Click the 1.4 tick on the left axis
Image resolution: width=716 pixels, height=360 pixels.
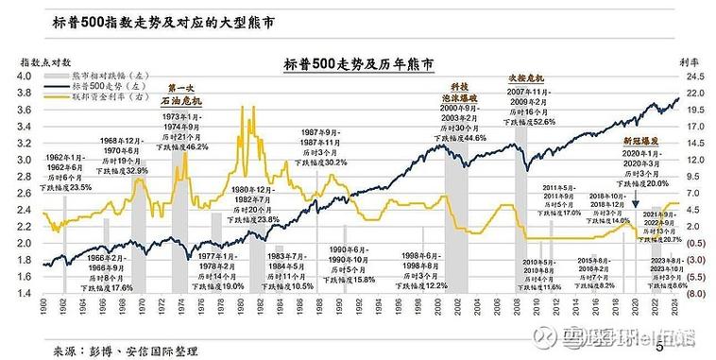click(29, 294)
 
